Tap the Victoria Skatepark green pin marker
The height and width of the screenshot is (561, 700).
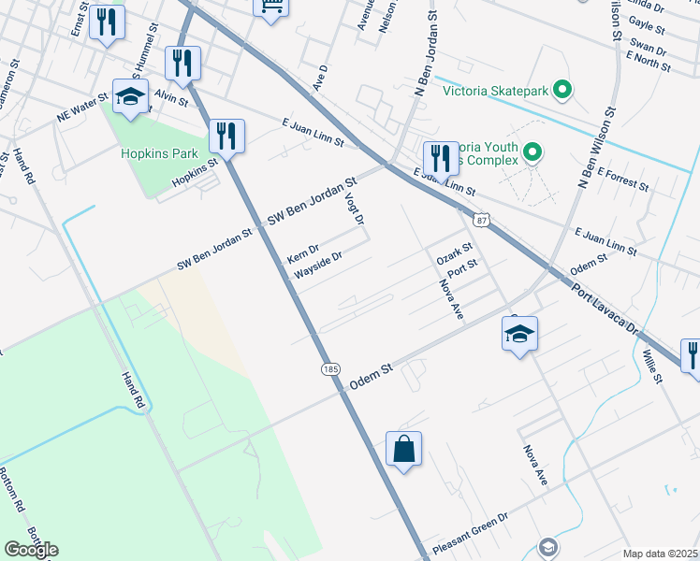562,91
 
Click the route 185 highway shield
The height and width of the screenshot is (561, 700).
331,369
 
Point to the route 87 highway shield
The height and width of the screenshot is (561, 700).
481,220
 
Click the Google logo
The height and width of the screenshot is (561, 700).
31,550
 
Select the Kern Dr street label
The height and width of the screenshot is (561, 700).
303,253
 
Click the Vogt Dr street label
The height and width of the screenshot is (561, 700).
357,209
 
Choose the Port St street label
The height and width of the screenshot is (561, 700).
462,269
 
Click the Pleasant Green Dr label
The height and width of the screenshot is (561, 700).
470,532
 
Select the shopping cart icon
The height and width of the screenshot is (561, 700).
270,6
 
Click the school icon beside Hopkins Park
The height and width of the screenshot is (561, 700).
131,95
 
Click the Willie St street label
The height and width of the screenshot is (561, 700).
652,367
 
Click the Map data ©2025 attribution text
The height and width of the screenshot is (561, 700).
661,554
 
